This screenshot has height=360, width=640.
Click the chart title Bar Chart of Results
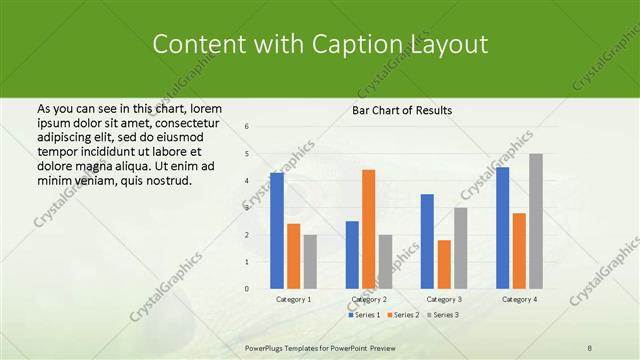point(401,110)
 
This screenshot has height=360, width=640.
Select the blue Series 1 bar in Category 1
point(277,231)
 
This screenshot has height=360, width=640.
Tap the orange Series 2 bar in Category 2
point(368,229)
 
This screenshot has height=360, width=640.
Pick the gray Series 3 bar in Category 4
point(536,221)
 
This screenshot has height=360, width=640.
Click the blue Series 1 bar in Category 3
point(427,241)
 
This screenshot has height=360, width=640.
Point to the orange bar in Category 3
point(444,264)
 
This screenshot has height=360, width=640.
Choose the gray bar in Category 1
point(310,262)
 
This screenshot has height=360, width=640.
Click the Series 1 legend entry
point(364,315)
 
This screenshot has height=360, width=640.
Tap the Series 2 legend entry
point(402,315)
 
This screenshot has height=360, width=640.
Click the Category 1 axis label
point(293,299)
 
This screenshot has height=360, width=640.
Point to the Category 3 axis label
point(444,299)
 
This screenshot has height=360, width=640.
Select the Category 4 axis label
point(519,299)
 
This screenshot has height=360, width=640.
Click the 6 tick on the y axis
point(247,126)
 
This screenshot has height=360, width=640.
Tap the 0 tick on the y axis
point(247,289)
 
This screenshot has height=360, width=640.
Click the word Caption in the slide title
point(371,45)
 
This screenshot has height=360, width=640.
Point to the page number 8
point(590,348)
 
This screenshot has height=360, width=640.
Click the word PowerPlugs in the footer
point(268,348)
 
